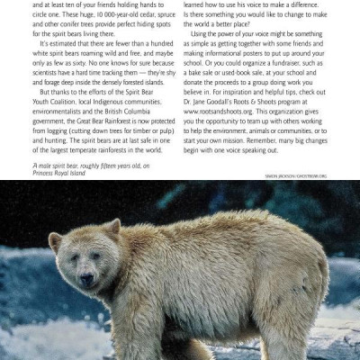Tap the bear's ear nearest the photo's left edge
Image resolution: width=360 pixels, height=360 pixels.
57,241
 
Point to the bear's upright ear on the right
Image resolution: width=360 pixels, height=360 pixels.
113,225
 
